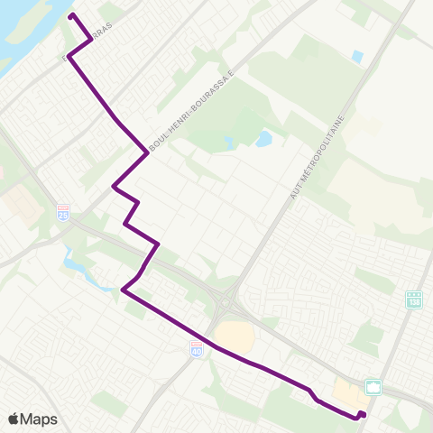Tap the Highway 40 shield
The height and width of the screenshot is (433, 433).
[x=197, y=347]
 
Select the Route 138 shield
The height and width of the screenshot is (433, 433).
[x=414, y=299]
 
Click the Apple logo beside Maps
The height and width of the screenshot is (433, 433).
[x=14, y=419]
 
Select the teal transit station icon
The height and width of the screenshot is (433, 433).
[x=373, y=387]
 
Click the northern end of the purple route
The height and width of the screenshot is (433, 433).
[x=71, y=16]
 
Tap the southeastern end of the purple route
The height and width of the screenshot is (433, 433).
[x=362, y=414]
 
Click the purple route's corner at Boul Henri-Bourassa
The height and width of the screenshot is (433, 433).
[x=147, y=152]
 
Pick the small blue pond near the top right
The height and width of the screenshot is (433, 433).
[x=358, y=56]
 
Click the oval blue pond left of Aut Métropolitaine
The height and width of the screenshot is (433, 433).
[x=263, y=140]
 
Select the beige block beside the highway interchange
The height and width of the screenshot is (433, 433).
[x=235, y=336]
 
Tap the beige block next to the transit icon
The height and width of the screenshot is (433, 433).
[x=349, y=391]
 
